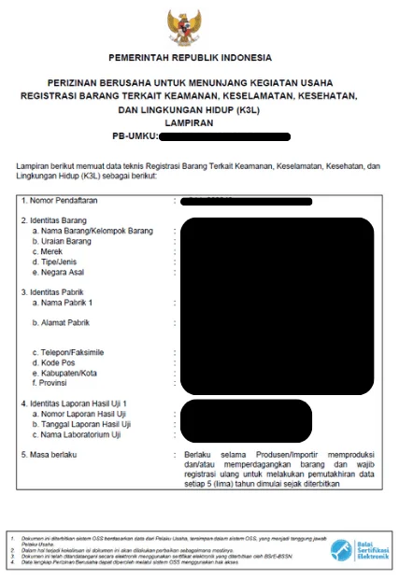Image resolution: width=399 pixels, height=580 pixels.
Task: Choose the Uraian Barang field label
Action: point(67,241)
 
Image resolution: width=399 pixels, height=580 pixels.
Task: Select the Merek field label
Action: point(50,251)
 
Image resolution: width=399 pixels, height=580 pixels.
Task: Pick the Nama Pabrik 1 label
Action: point(63,304)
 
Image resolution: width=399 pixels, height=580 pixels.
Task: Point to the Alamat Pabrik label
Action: point(63,325)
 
